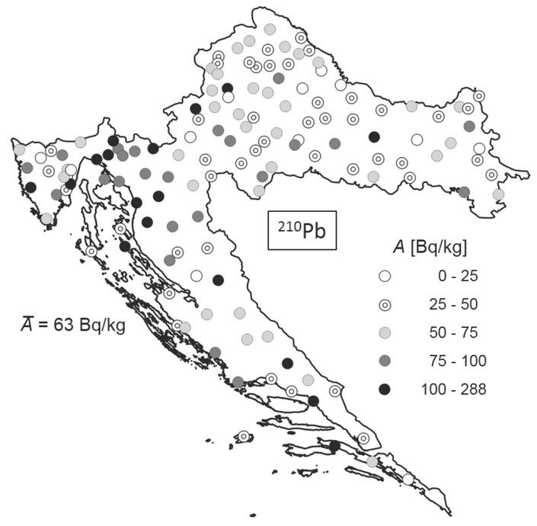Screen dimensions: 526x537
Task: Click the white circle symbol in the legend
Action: (385, 276)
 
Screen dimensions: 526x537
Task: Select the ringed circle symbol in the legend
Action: (385, 304)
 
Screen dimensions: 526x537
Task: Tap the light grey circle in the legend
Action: (385, 332)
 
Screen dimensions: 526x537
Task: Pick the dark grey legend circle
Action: (385, 361)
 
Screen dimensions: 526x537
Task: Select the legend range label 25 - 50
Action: (454, 304)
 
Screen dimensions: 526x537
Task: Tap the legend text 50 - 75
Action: (454, 332)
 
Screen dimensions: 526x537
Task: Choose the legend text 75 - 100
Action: (454, 361)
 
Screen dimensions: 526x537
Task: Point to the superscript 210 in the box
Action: (286, 226)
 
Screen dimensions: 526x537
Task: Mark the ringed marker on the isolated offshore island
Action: (243, 437)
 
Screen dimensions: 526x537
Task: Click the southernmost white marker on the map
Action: (408, 479)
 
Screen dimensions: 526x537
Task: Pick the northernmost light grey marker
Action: (270, 29)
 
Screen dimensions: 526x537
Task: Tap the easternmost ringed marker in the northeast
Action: (478, 96)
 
